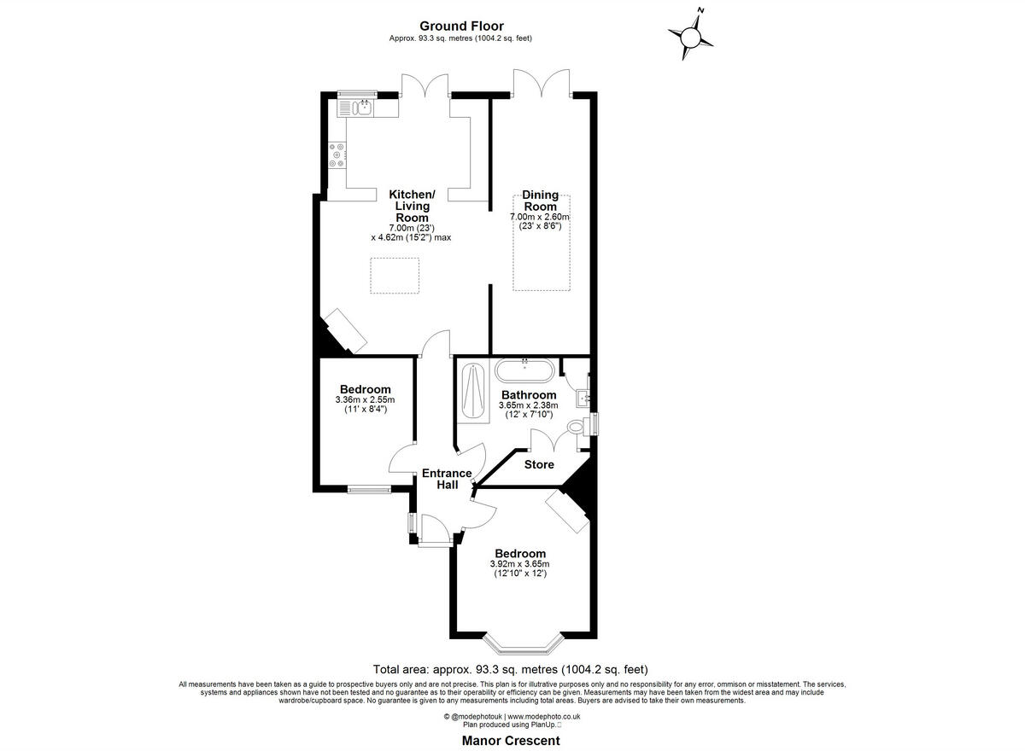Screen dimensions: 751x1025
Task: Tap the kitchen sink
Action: [x=357, y=107]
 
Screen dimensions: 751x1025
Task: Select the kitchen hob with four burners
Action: [x=337, y=155]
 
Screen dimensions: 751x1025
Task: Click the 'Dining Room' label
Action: [x=540, y=201]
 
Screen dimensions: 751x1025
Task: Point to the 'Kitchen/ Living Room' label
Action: [x=412, y=206]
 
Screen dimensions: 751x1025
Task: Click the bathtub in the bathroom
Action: [x=524, y=371]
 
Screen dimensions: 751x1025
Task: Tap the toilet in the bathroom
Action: [x=577, y=427]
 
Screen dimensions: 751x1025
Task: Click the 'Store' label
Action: [x=539, y=465]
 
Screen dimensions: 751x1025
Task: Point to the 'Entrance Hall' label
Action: [x=447, y=479]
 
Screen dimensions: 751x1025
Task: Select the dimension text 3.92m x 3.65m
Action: [x=519, y=564]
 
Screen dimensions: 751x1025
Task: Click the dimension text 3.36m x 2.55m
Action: [x=365, y=399]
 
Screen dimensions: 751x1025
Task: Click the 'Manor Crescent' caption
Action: [x=511, y=742]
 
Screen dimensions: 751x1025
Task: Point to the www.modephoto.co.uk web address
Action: [x=544, y=716]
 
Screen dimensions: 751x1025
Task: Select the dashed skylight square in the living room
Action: [x=395, y=276]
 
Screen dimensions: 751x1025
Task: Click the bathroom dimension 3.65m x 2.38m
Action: [x=529, y=405]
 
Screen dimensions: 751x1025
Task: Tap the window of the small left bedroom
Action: [x=369, y=490]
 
